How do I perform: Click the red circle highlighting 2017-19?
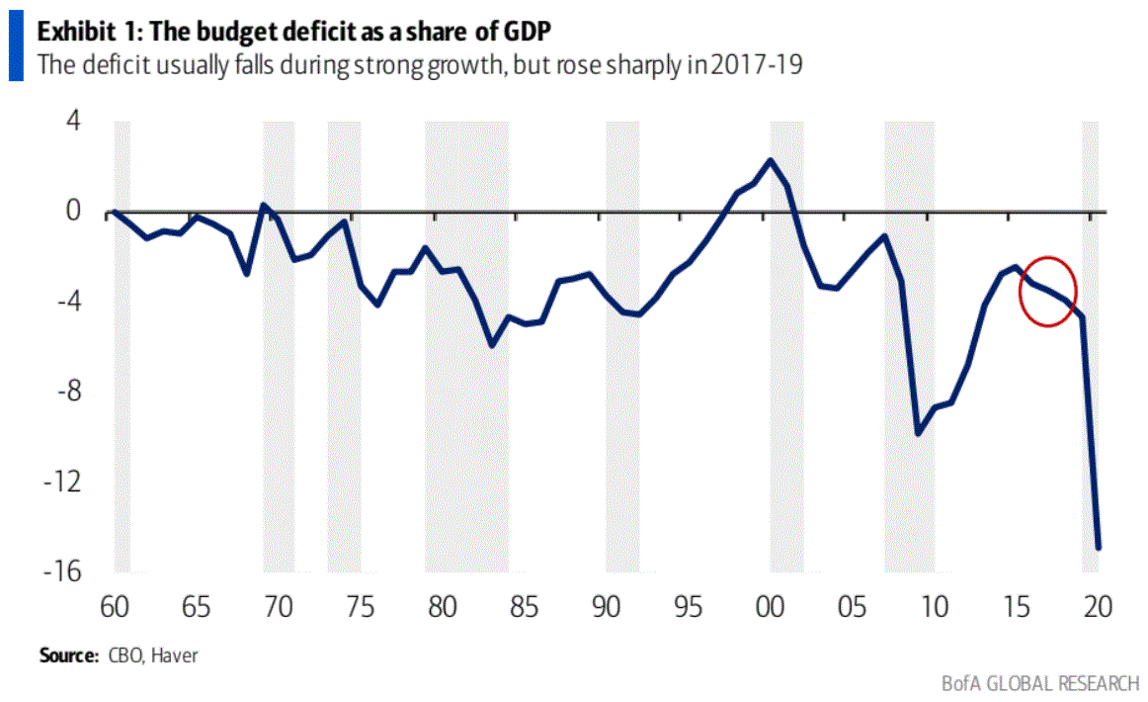click(x=1047, y=291)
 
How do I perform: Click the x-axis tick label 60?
click(x=114, y=605)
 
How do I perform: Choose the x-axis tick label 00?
click(x=770, y=605)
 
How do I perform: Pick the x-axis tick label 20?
click(x=1098, y=605)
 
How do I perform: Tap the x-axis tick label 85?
click(x=524, y=605)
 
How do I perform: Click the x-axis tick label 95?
click(x=688, y=605)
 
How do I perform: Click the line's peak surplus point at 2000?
click(x=771, y=160)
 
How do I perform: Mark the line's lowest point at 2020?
click(x=1098, y=547)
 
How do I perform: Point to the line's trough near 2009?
click(x=918, y=433)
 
